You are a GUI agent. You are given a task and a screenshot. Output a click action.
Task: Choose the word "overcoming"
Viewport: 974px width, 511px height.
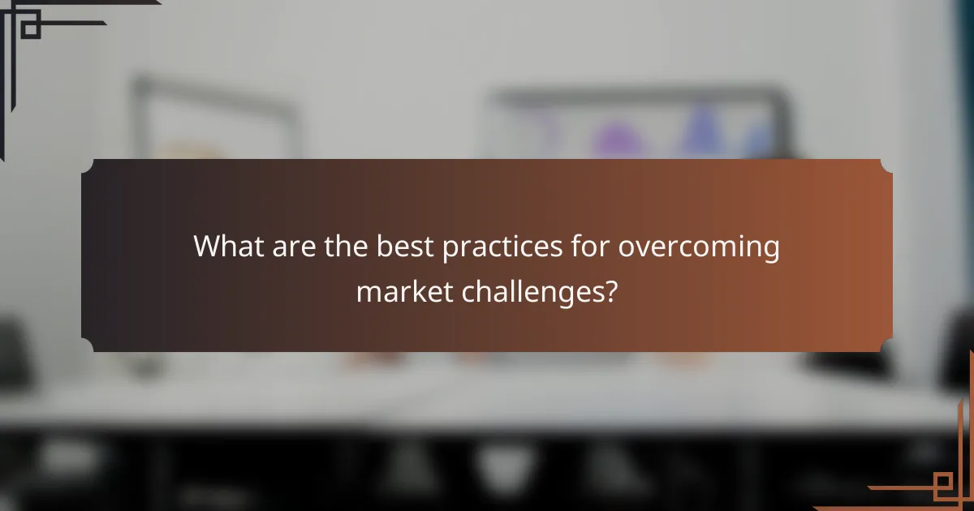[x=699, y=247]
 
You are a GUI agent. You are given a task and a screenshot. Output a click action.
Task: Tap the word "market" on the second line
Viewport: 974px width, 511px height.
[x=403, y=291]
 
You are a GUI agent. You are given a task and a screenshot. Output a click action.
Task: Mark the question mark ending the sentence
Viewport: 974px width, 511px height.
[x=610, y=291]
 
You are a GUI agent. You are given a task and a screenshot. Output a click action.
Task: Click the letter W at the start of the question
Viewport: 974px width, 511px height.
[x=205, y=247]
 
